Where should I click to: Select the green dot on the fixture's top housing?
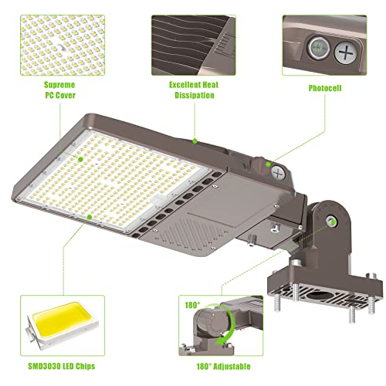(x=195, y=141)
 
